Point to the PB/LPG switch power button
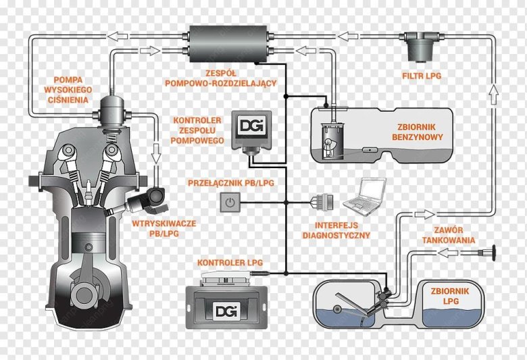(x=231, y=201)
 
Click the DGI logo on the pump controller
(x=252, y=126)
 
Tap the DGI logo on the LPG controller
(x=224, y=311)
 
